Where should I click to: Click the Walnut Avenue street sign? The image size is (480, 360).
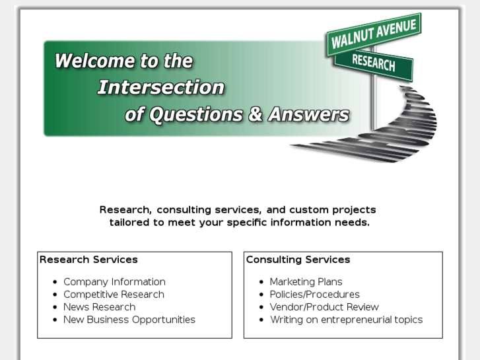(x=374, y=34)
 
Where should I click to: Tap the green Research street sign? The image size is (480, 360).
(x=374, y=63)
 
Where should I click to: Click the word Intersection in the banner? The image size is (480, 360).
(x=161, y=87)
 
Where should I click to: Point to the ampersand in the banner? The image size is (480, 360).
(x=256, y=114)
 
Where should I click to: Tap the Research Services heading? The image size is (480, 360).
(x=88, y=260)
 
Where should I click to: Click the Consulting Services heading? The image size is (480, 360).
(x=298, y=260)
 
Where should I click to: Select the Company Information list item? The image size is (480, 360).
(x=114, y=282)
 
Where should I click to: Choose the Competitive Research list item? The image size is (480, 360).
(x=114, y=295)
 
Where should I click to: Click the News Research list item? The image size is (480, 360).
(x=99, y=307)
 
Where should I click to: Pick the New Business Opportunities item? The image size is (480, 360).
(x=129, y=320)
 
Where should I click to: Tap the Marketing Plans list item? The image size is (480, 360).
(x=306, y=282)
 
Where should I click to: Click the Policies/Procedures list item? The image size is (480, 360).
(x=314, y=295)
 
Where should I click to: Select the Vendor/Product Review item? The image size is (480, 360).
(x=324, y=307)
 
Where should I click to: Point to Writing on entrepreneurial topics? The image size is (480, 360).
(x=346, y=320)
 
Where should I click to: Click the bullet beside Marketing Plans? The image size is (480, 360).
(x=261, y=283)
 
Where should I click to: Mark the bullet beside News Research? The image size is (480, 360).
(x=55, y=308)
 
